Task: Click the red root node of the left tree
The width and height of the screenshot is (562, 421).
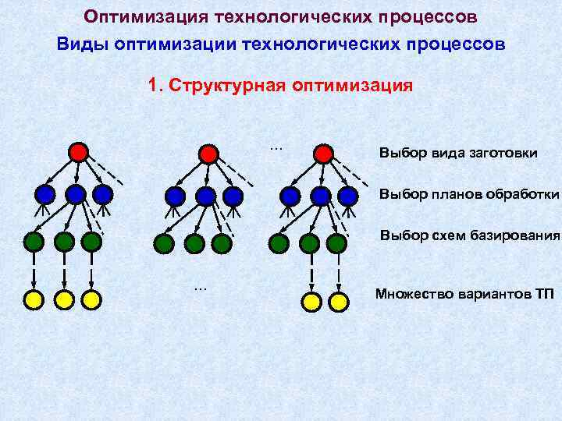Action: click(78, 152)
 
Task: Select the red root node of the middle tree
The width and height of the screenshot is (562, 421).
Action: click(208, 154)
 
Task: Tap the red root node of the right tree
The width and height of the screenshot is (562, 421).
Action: click(322, 154)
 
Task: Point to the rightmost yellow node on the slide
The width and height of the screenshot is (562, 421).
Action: click(338, 301)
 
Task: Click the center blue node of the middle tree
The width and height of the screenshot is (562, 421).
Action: click(205, 195)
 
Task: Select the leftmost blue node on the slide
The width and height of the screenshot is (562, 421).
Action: click(45, 193)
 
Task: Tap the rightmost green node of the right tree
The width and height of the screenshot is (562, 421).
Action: click(336, 243)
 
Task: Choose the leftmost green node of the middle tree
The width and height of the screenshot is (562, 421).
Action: click(164, 244)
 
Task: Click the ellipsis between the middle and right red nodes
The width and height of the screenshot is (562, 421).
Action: click(276, 146)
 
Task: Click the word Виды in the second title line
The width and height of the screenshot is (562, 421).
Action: click(83, 44)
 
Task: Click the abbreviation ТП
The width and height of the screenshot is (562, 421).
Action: click(544, 294)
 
